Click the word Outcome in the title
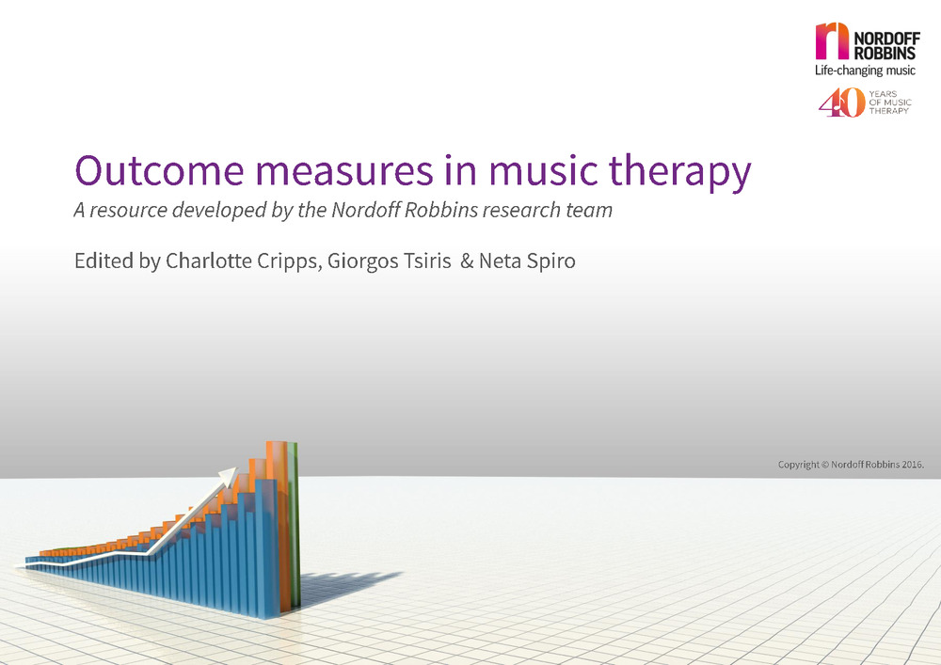pos(160,170)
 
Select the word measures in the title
pos(344,171)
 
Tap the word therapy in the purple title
pos(680,173)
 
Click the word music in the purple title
pos(543,170)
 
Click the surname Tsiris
pos(427,261)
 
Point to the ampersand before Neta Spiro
pos(467,261)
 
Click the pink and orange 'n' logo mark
pos(832,40)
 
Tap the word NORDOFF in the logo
pos(886,39)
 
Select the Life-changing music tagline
pos(865,71)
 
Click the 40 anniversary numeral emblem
pos(842,103)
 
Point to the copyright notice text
pos(851,464)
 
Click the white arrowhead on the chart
pos(227,477)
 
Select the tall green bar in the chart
pos(294,525)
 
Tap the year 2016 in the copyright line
pos(912,464)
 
